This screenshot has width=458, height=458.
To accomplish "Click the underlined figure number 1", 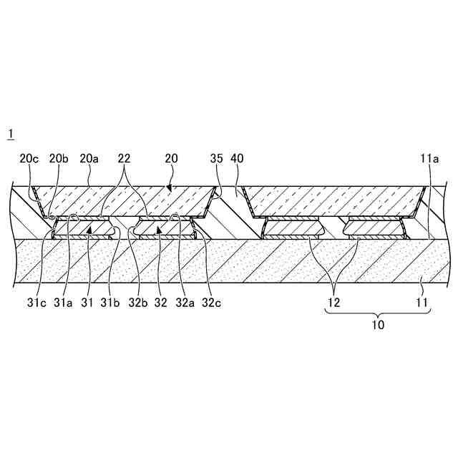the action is point(10,134).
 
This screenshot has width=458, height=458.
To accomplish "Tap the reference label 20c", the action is point(29,158).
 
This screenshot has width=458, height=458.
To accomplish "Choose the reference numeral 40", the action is point(238,158).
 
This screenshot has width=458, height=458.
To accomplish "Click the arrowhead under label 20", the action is point(169,188).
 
